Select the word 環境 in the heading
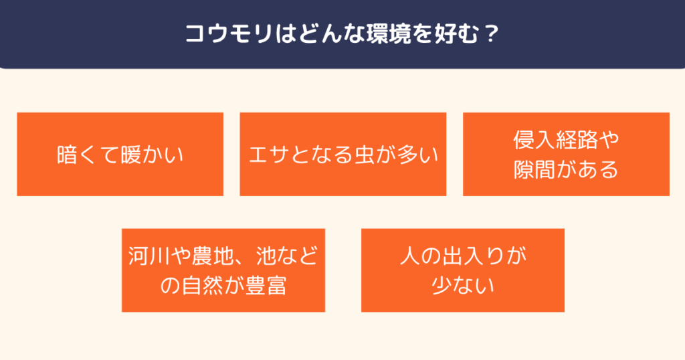(389, 33)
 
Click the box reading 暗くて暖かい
(120, 154)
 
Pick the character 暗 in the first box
(67, 155)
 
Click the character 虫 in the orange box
(365, 155)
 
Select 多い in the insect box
(417, 155)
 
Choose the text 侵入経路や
(566, 140)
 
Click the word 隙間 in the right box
(534, 169)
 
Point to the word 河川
(149, 256)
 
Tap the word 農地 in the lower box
(213, 256)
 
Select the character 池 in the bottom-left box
(266, 256)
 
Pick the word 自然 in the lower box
(202, 286)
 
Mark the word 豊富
(266, 286)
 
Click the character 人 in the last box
(410, 256)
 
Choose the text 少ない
(463, 286)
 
